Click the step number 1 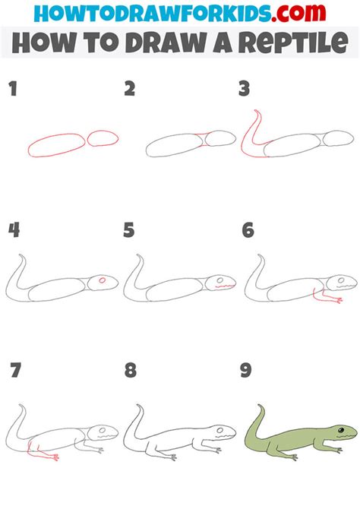tap(12, 89)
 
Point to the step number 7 tap(14, 371)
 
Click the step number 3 tap(244, 89)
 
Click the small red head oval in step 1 tap(103, 138)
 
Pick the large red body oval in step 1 tap(56, 144)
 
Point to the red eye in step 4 tap(102, 281)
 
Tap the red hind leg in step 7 tap(43, 454)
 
